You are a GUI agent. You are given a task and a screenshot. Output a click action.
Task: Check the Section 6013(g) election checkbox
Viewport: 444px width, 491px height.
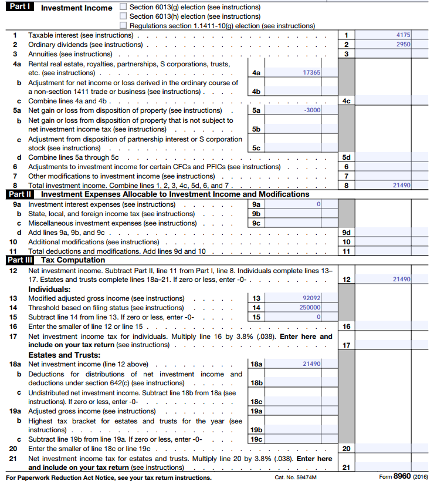pyautogui.click(x=123, y=7)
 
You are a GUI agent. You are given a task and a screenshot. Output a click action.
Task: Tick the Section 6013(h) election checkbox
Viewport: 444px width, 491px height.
pyautogui.click(x=123, y=16)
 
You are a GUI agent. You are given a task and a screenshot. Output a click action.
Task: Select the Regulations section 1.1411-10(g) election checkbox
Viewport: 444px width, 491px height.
pyautogui.click(x=123, y=26)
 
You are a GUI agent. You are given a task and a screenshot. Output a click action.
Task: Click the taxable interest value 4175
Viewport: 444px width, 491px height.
pyautogui.click(x=403, y=35)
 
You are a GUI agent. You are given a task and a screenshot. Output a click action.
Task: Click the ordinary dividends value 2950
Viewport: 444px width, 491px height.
pyautogui.click(x=403, y=45)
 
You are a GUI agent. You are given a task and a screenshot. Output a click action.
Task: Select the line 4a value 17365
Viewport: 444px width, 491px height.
pyautogui.click(x=311, y=72)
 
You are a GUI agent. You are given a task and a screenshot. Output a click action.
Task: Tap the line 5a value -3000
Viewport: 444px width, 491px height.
pyautogui.click(x=312, y=110)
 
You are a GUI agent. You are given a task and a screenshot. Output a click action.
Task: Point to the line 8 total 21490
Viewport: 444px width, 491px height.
pyautogui.click(x=401, y=185)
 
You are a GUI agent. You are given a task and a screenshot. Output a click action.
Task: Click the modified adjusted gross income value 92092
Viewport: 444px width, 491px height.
pyautogui.click(x=311, y=298)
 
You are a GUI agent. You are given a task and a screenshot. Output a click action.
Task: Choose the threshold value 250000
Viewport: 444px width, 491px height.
pyautogui.click(x=310, y=307)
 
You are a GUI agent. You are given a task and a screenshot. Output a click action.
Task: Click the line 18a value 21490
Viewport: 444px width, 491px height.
pyautogui.click(x=311, y=364)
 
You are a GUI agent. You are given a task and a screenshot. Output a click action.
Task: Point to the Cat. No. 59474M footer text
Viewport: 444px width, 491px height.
pyautogui.click(x=295, y=477)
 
